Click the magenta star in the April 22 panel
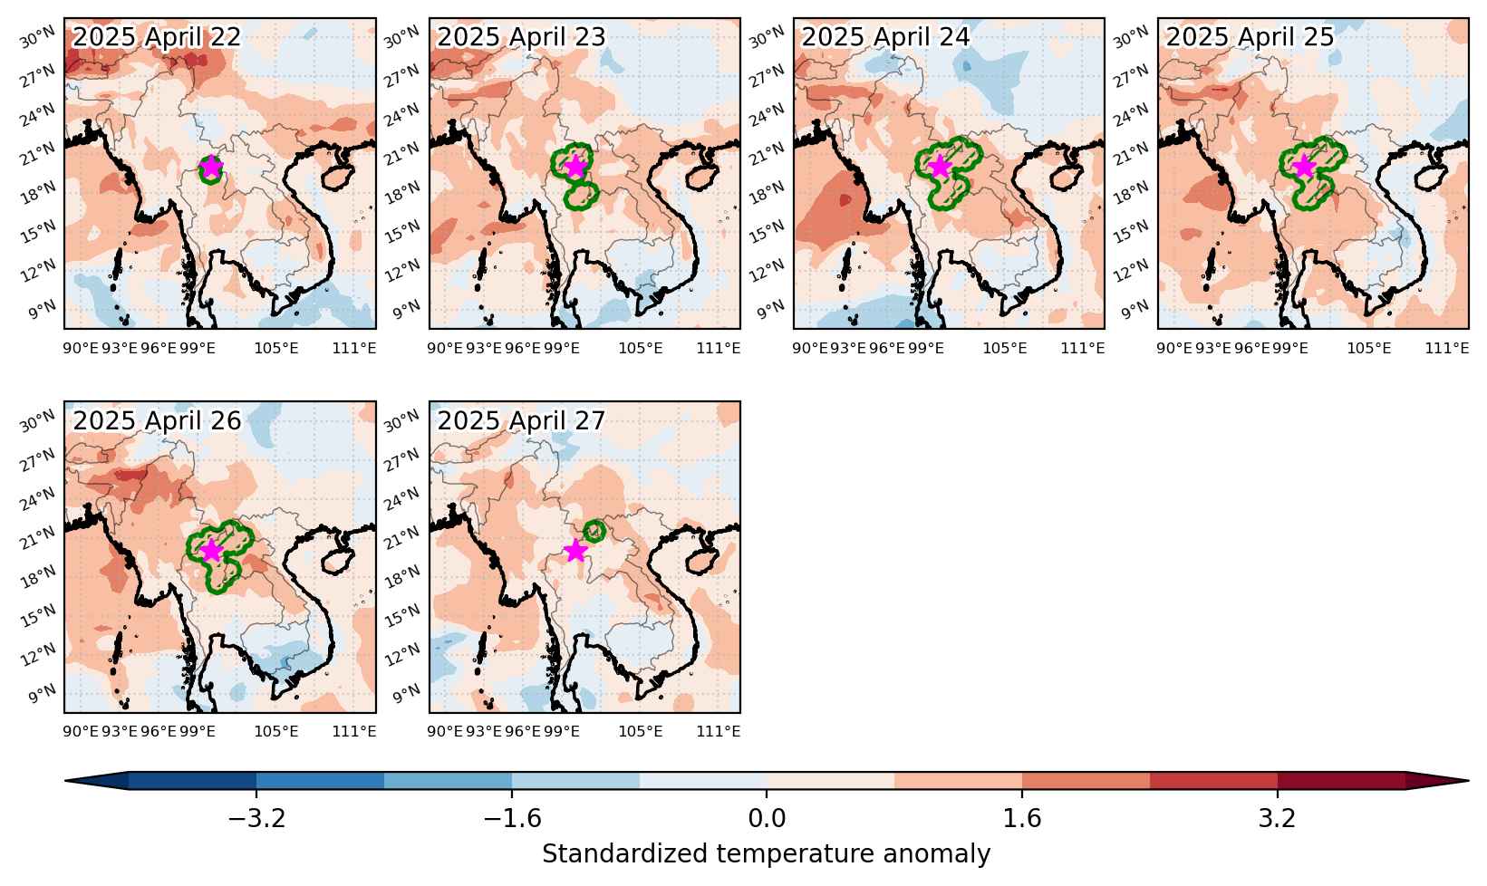pos(211,167)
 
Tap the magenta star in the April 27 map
pos(575,550)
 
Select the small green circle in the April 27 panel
pos(594,531)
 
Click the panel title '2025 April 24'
pos(885,36)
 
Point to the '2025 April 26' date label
pos(157,420)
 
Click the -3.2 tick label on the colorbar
pos(257,819)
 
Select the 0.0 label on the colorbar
pos(767,819)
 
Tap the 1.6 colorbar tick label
pos(1021,819)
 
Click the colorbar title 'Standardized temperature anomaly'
pos(766,853)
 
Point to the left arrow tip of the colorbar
pos(65,781)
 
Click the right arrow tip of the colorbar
pos(1468,781)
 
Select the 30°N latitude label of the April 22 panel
pos(37,38)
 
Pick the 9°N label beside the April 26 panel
pos(43,693)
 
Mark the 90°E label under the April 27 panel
pos(445,732)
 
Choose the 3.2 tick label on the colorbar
pos(1278,819)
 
